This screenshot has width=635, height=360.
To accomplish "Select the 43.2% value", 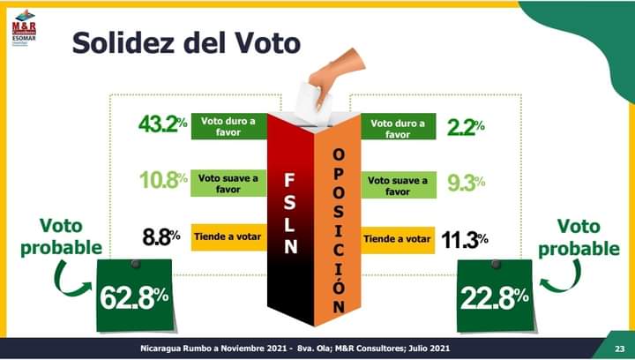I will tap(163, 124).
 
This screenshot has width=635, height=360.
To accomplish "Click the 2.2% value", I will tap(466, 127).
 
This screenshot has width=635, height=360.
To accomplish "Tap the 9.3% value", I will tap(466, 183).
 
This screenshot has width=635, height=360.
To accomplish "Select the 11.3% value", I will tap(465, 239).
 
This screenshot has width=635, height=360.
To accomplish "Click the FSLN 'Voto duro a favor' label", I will tap(228, 126).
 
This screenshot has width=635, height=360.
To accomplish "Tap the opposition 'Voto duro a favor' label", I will tap(398, 129).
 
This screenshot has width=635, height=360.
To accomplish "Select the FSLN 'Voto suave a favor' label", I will tap(228, 183).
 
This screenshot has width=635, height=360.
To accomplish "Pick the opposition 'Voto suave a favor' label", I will tap(398, 184).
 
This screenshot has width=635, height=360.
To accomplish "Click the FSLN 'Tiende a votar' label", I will tap(228, 237).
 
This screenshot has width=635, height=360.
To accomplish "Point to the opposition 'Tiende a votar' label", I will tap(398, 239).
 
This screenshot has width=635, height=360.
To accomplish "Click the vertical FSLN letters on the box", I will tap(290, 213).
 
